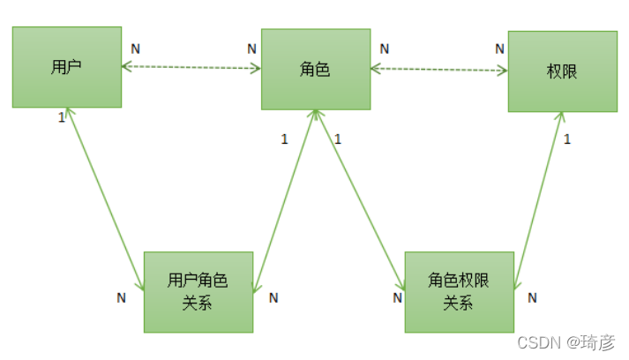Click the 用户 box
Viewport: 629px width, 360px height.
pyautogui.click(x=66, y=67)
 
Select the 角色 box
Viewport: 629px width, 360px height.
pyautogui.click(x=316, y=69)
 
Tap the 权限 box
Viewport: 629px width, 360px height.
pyautogui.click(x=562, y=71)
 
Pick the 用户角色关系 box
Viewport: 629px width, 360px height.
pyautogui.click(x=198, y=291)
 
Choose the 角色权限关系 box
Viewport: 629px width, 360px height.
pyautogui.click(x=459, y=291)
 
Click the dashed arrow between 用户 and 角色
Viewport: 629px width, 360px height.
pyautogui.click(x=191, y=67)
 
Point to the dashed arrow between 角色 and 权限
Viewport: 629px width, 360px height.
pyautogui.click(x=439, y=69)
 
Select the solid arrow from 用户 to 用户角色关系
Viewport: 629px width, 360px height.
pyautogui.click(x=106, y=199)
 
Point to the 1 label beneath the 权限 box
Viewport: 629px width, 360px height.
pyautogui.click(x=566, y=139)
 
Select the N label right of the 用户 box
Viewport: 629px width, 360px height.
pyautogui.click(x=135, y=47)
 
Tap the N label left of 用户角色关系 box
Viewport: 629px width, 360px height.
pyautogui.click(x=122, y=298)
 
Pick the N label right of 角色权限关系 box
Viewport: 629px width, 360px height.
pyautogui.click(x=532, y=298)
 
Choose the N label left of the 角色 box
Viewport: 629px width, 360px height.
pyautogui.click(x=252, y=49)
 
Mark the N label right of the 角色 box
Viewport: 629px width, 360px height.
pyautogui.click(x=384, y=49)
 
